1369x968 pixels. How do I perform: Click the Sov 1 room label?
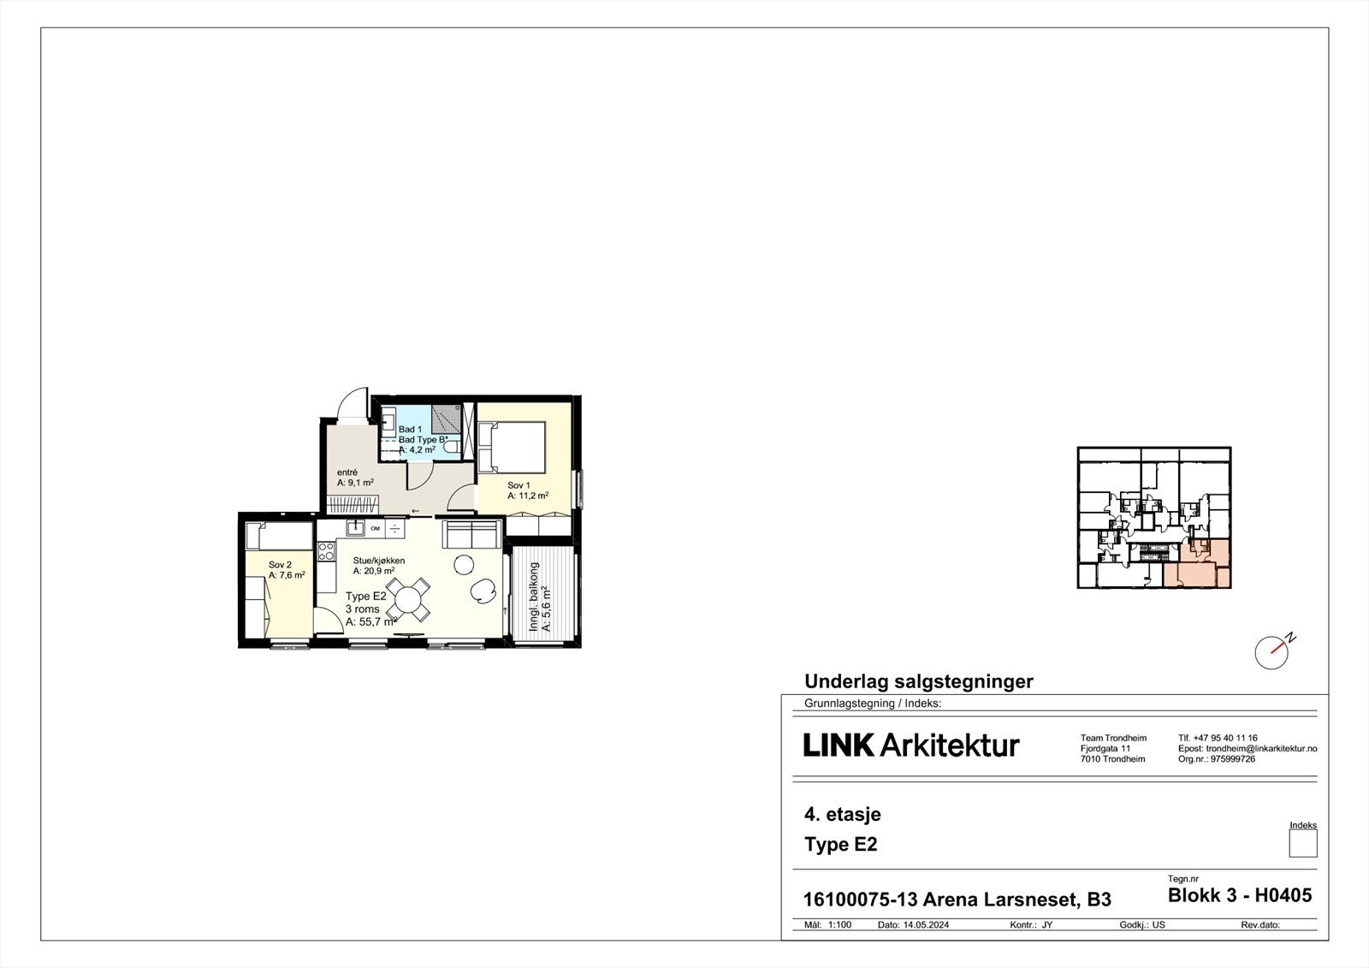(519, 485)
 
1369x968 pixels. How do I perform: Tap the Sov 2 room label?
(280, 565)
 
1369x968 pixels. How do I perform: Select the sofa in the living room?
(471, 534)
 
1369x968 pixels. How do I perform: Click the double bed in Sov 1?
(512, 446)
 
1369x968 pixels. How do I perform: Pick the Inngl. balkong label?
(534, 597)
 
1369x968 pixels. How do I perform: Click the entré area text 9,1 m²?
(355, 483)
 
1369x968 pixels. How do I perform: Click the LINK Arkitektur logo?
(911, 745)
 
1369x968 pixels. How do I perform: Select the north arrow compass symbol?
(1273, 651)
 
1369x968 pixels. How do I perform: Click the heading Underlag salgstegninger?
(918, 682)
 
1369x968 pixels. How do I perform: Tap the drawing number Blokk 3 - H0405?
(1239, 896)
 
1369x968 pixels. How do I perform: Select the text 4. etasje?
(842, 815)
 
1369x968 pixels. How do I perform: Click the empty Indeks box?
(1302, 844)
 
